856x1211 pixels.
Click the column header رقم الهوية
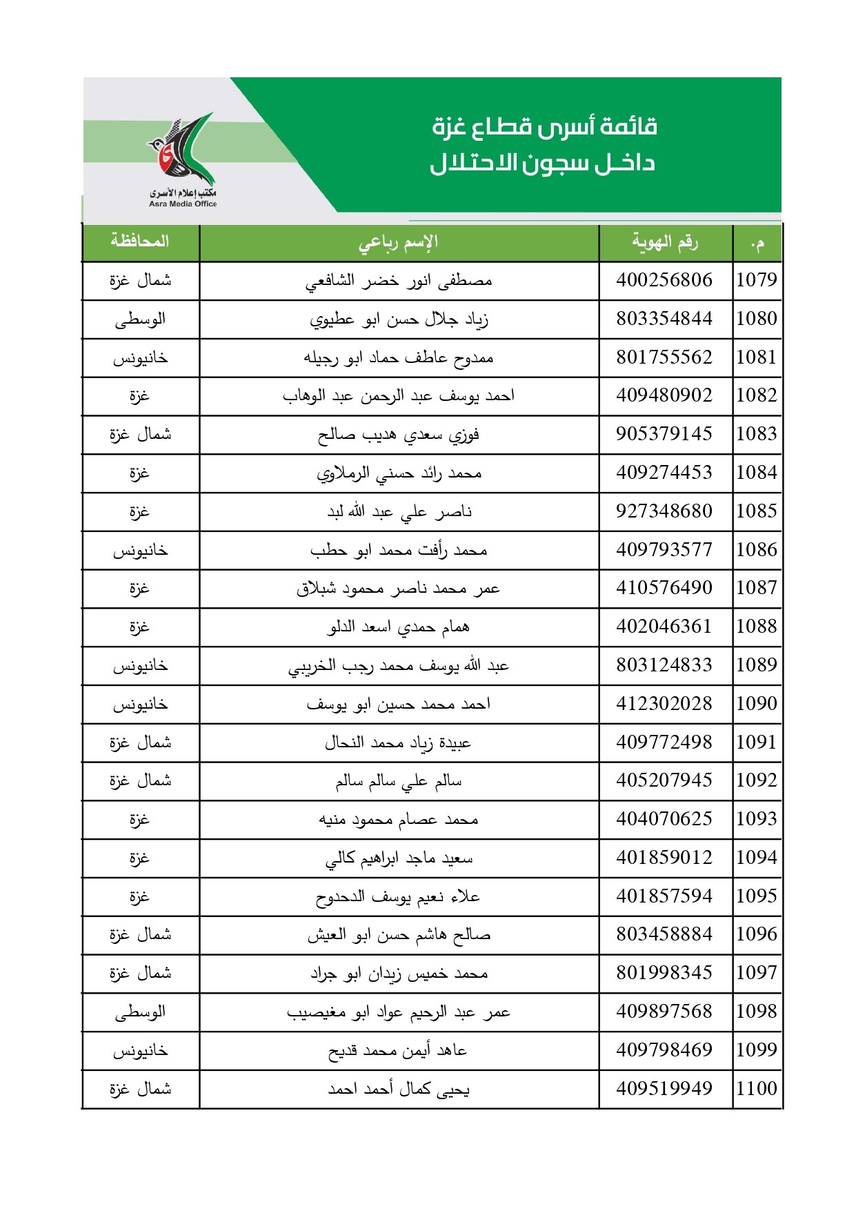pyautogui.click(x=665, y=242)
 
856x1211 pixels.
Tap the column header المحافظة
pyautogui.click(x=140, y=242)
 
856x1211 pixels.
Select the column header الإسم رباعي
pyautogui.click(x=399, y=242)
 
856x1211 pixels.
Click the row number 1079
pyautogui.click(x=757, y=280)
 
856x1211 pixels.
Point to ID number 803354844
pyautogui.click(x=664, y=319)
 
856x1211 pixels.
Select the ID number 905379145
pyautogui.click(x=664, y=434)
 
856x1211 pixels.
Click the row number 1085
pyautogui.click(x=757, y=511)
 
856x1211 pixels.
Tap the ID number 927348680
pyautogui.click(x=664, y=511)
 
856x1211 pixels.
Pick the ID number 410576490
pyautogui.click(x=664, y=588)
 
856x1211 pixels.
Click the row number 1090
pyautogui.click(x=757, y=704)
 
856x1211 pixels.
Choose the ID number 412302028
pyautogui.click(x=664, y=704)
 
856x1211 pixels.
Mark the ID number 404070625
pyautogui.click(x=664, y=819)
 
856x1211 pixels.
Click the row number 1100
pyautogui.click(x=757, y=1089)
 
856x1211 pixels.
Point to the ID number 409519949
pyautogui.click(x=664, y=1089)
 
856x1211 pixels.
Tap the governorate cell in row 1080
pyautogui.click(x=140, y=319)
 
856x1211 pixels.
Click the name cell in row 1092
pyautogui.click(x=399, y=781)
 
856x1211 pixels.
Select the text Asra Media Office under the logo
pyautogui.click(x=183, y=204)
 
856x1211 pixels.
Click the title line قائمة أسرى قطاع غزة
pyautogui.click(x=544, y=127)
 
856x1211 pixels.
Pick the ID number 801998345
pyautogui.click(x=664, y=973)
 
